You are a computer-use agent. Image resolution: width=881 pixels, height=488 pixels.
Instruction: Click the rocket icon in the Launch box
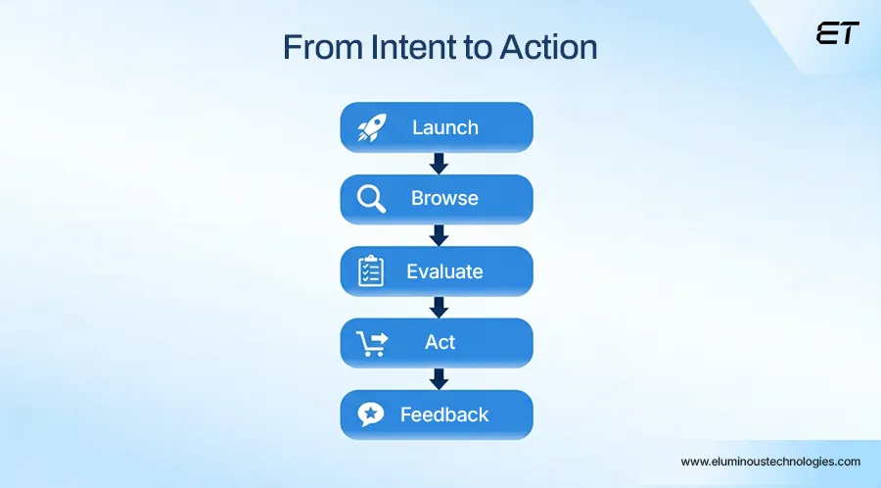pyautogui.click(x=372, y=127)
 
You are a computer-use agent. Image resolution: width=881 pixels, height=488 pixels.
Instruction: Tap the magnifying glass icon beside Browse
pyautogui.click(x=371, y=199)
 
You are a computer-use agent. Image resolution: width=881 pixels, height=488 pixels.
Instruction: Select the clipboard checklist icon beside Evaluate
pyautogui.click(x=371, y=270)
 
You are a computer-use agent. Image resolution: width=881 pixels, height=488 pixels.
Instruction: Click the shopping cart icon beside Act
pyautogui.click(x=371, y=342)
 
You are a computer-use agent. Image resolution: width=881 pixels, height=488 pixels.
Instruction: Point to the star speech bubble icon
pyautogui.click(x=371, y=415)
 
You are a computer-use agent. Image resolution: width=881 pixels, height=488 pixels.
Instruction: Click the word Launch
pyautogui.click(x=445, y=127)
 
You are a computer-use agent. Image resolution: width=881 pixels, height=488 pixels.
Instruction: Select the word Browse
pyautogui.click(x=444, y=199)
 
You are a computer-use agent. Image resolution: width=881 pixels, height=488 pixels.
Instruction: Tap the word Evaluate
pyautogui.click(x=444, y=270)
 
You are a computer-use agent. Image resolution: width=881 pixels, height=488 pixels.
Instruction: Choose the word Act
pyautogui.click(x=440, y=342)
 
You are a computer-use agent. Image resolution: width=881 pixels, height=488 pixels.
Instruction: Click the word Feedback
pyautogui.click(x=444, y=415)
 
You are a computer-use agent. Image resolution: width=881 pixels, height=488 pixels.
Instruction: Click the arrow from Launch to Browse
pyautogui.click(x=439, y=163)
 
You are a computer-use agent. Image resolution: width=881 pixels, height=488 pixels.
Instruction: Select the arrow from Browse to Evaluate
pyautogui.click(x=439, y=235)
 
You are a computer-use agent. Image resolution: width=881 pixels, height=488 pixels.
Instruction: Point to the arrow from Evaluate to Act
pyautogui.click(x=439, y=307)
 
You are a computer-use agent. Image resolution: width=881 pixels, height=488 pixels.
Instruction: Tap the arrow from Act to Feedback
pyautogui.click(x=439, y=378)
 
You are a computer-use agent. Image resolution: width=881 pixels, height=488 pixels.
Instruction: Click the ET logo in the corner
pyautogui.click(x=837, y=33)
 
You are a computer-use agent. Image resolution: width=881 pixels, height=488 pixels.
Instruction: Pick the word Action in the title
pyautogui.click(x=547, y=47)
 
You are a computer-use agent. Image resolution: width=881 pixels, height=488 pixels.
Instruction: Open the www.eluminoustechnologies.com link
pyautogui.click(x=770, y=461)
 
